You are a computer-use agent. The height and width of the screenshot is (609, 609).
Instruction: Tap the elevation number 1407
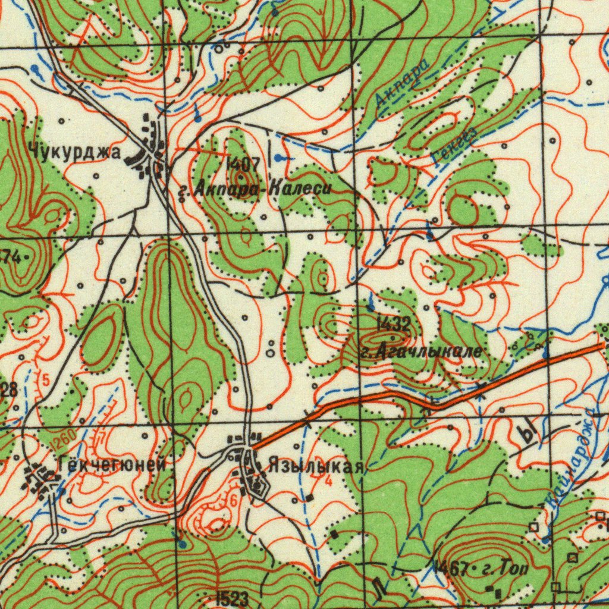pos(243,162)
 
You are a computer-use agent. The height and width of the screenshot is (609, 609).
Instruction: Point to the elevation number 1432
pos(393,324)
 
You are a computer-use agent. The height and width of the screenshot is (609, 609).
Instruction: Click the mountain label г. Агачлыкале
pos(421,352)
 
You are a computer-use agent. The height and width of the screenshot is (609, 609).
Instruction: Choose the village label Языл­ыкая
pos(315,466)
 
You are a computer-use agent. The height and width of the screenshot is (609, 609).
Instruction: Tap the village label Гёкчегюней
pos(112,464)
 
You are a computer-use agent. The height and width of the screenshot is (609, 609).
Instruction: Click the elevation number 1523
pos(231,599)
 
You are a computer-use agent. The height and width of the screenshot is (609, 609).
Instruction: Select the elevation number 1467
pos(451,569)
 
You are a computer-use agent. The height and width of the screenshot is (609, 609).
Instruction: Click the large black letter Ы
pos(527,433)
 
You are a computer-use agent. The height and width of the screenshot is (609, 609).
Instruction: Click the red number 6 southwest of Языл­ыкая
pos(233,501)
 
